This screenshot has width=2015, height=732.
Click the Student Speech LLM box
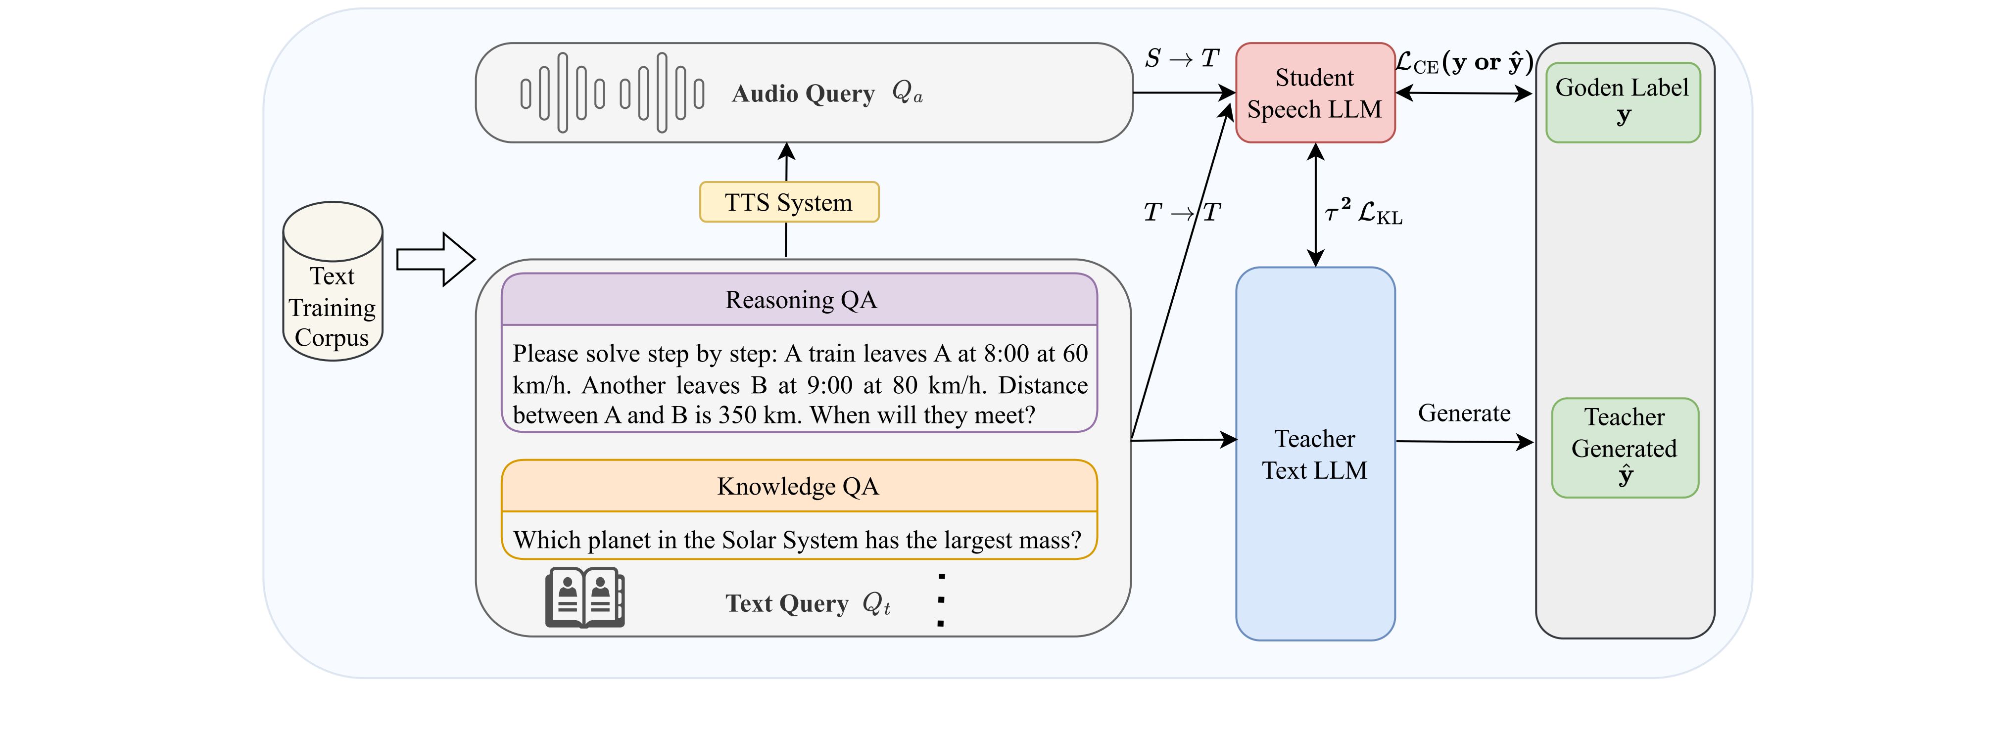pos(1314,93)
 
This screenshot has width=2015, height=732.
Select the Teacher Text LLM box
pos(1314,454)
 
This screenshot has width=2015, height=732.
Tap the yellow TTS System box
pos(788,203)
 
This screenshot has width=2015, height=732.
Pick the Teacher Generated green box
pos(1625,447)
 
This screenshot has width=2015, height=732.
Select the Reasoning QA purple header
pos(800,300)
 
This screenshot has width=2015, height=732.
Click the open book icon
pos(584,597)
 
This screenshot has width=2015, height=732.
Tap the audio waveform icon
pos(612,93)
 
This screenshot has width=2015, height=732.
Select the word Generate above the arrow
pos(1464,413)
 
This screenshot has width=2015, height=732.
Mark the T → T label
pos(1181,212)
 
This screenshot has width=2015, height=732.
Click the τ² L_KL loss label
pos(1363,212)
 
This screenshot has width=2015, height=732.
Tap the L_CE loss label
pos(1464,62)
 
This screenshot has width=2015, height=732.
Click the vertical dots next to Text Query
pos(941,600)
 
